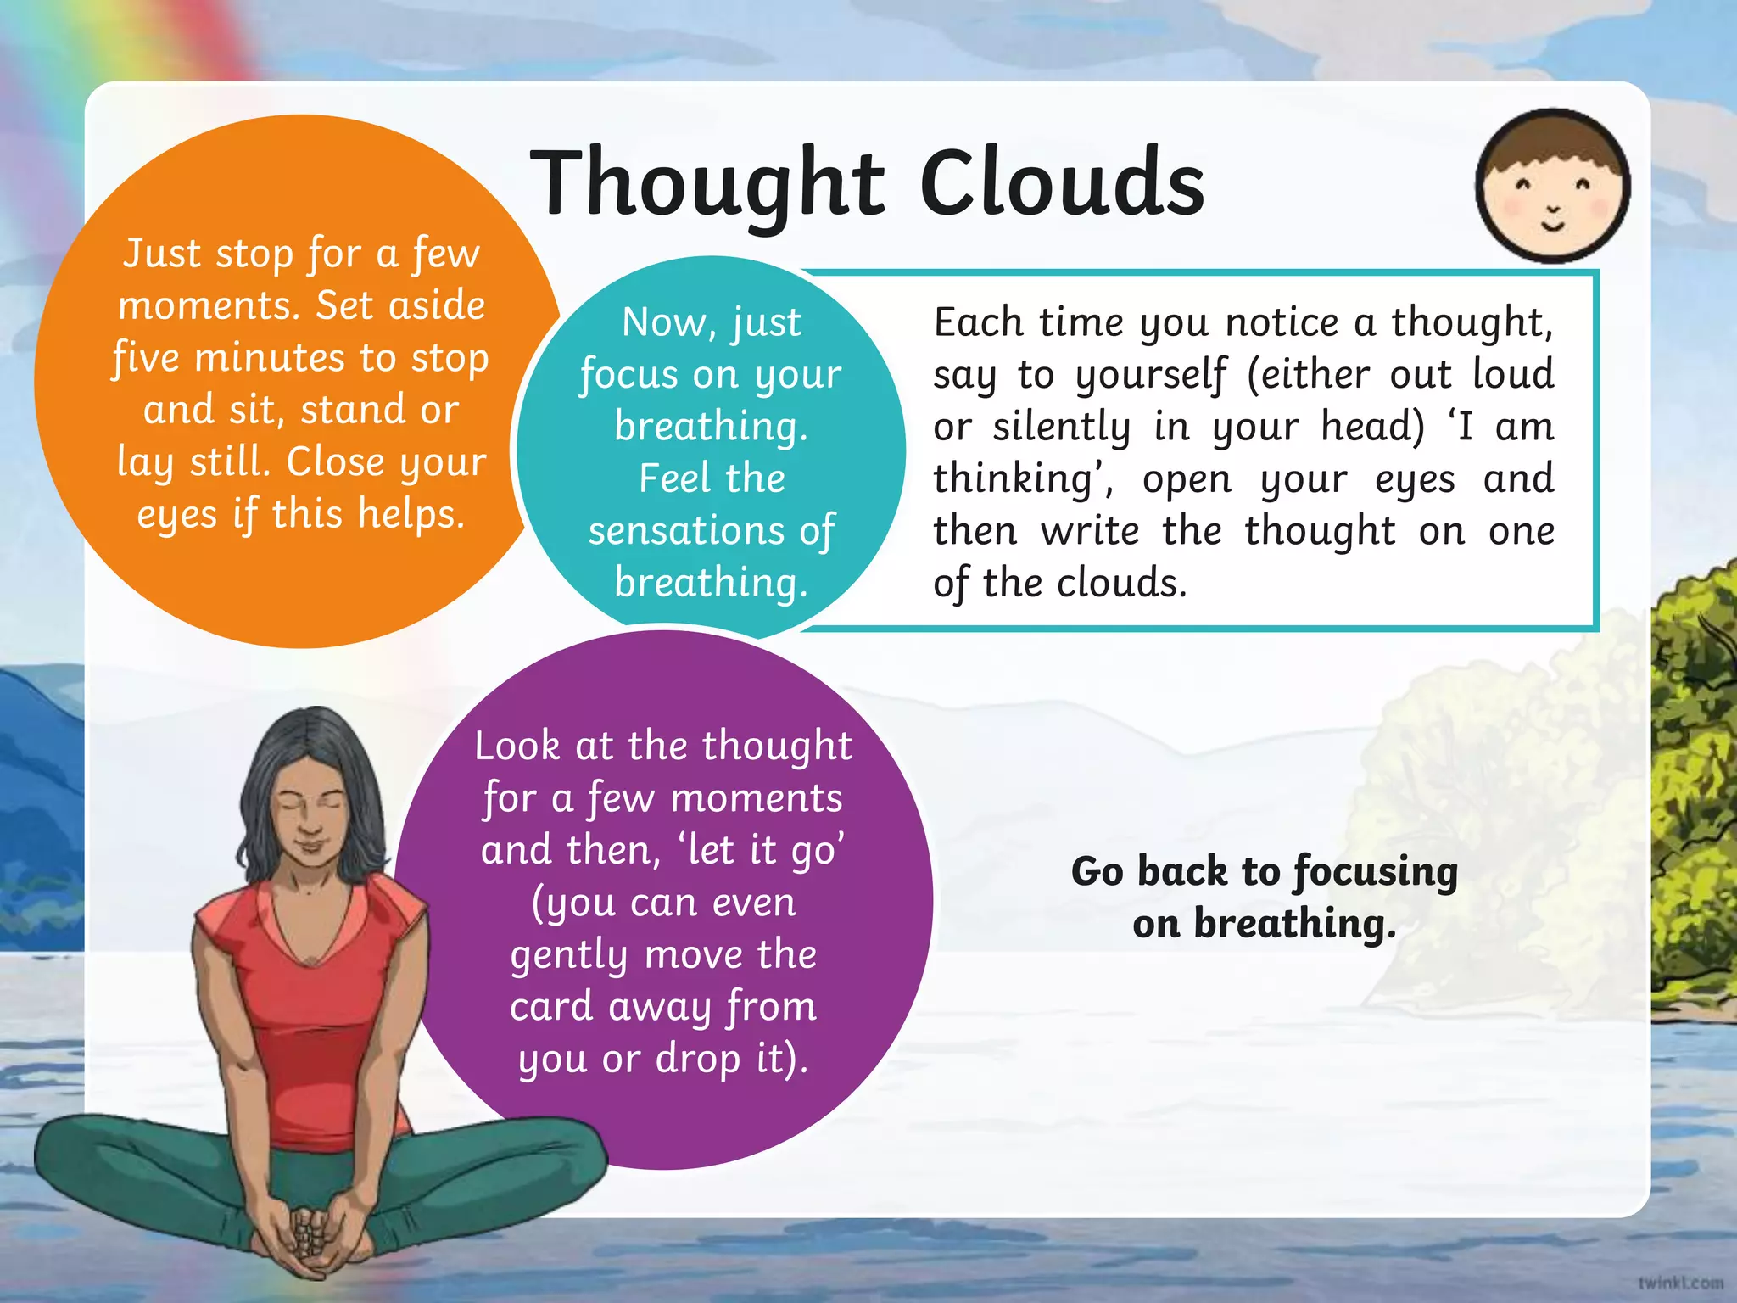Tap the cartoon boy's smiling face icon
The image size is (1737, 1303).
click(1552, 195)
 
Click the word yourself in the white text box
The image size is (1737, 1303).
click(1151, 375)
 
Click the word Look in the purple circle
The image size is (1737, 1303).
click(517, 747)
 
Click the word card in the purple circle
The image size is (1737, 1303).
click(551, 1007)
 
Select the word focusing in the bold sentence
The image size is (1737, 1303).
click(1375, 872)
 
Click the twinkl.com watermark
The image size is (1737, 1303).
click(1680, 1283)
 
